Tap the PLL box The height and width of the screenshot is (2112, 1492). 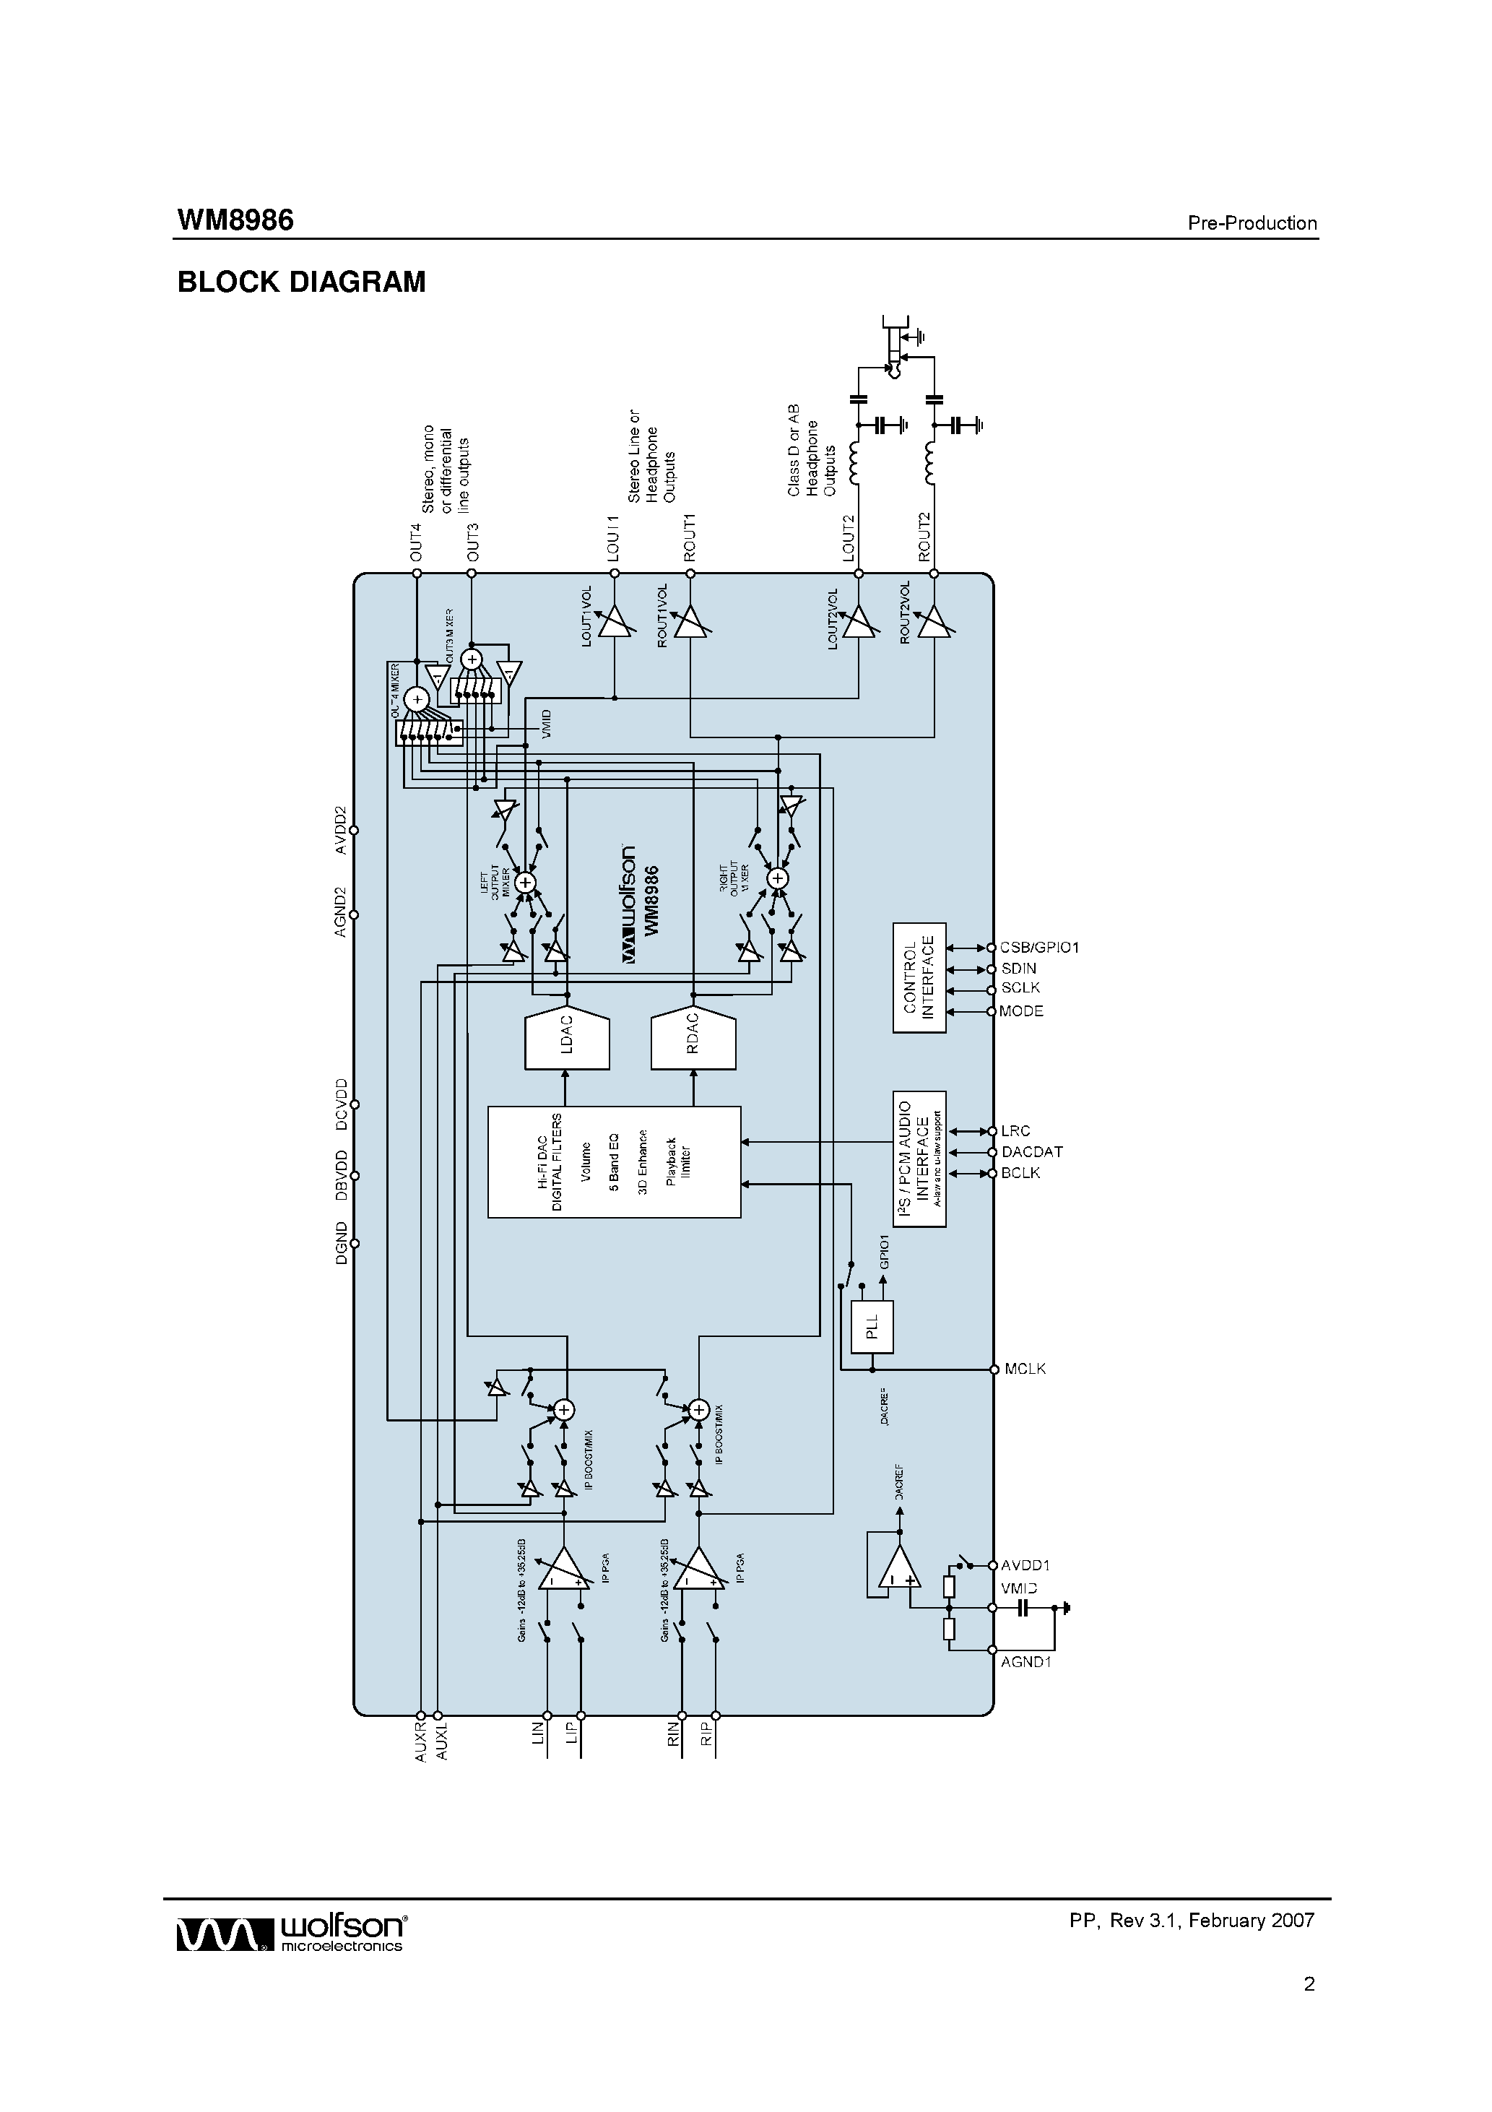coord(872,1328)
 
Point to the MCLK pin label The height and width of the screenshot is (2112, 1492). coord(1025,1369)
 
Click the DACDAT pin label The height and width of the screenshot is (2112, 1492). coord(1031,1151)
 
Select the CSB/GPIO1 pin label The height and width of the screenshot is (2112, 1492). coord(1038,948)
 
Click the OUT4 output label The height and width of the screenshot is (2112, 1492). coord(416,542)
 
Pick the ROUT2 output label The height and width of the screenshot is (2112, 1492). coord(924,537)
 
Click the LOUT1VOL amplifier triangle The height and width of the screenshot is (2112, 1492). coord(612,623)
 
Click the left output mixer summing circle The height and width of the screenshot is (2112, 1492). coord(525,881)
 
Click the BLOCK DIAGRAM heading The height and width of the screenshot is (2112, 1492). coord(301,282)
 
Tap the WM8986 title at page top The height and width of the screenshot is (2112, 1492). coord(235,221)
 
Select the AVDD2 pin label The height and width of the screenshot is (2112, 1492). coord(340,830)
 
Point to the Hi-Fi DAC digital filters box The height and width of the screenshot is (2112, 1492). coord(614,1161)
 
